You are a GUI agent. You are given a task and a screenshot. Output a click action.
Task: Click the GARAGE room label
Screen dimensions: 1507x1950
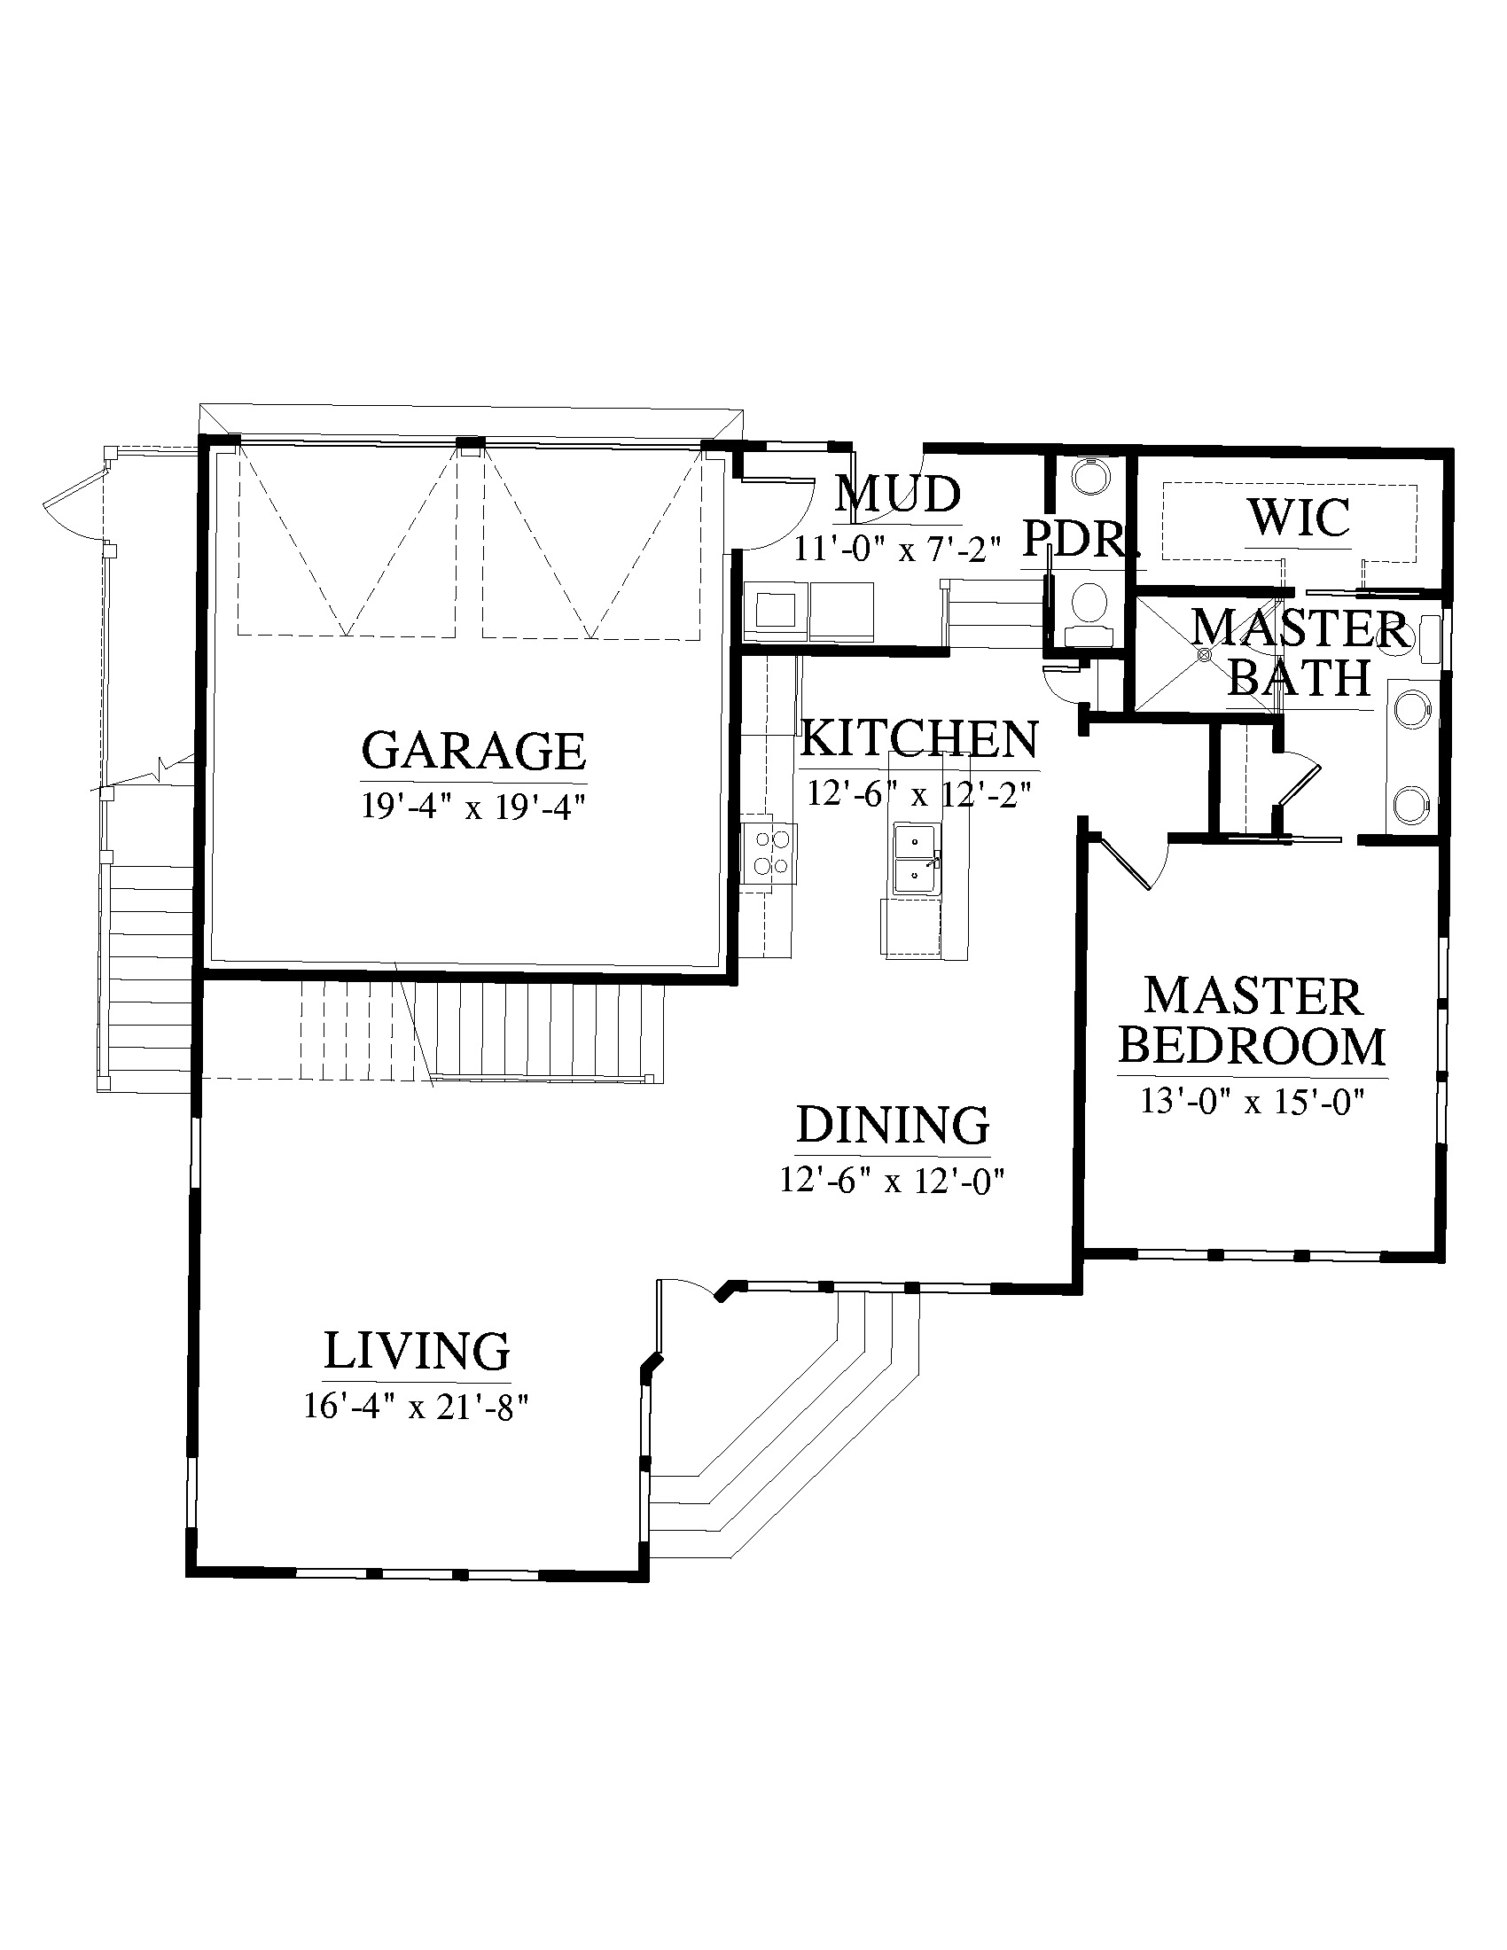pyautogui.click(x=473, y=751)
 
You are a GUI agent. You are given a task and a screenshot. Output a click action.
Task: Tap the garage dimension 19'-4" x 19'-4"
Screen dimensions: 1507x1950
pyautogui.click(x=472, y=807)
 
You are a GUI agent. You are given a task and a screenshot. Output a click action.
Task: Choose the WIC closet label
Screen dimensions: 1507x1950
pyautogui.click(x=1298, y=517)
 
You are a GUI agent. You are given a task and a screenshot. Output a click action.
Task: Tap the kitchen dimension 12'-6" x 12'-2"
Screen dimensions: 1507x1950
pyautogui.click(x=919, y=793)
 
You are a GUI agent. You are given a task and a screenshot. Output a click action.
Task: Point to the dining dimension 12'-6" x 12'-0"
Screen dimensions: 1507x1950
pyautogui.click(x=893, y=1181)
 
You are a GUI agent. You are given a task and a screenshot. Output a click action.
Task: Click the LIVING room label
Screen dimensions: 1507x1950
pyautogui.click(x=416, y=1351)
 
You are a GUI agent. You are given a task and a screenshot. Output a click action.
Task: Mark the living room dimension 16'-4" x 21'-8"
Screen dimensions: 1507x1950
pyautogui.click(x=416, y=1407)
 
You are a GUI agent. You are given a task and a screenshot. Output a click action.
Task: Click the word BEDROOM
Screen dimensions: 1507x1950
pyautogui.click(x=1252, y=1047)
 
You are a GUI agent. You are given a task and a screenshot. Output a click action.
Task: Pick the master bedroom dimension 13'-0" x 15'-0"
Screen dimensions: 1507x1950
pyautogui.click(x=1253, y=1101)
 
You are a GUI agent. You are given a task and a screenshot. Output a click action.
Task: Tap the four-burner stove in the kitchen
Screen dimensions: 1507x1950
pyautogui.click(x=769, y=854)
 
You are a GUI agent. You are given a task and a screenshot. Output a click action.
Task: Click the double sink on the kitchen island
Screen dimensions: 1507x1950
pyautogui.click(x=915, y=859)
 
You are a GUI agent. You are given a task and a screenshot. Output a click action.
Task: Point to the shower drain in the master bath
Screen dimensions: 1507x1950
pyautogui.click(x=1205, y=654)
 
